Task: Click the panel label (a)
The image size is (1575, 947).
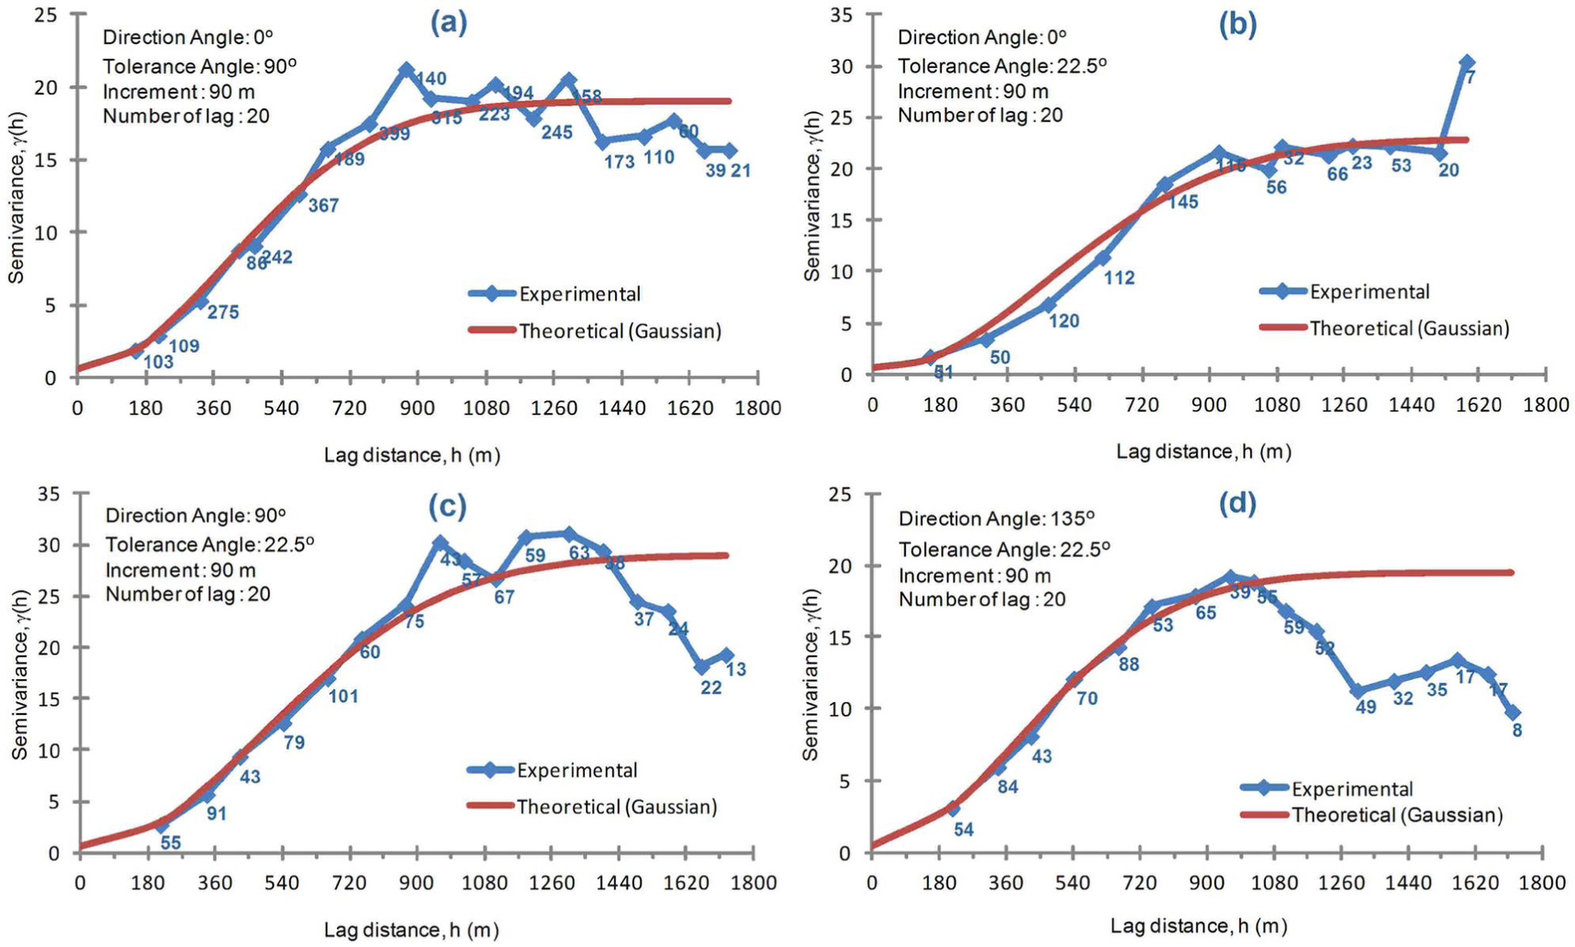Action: click(x=449, y=24)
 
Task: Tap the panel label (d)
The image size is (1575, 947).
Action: click(x=1237, y=502)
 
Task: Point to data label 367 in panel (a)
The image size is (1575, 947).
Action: click(x=323, y=206)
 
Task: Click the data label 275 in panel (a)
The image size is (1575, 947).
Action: click(x=223, y=312)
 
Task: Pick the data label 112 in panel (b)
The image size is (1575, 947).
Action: click(x=1118, y=278)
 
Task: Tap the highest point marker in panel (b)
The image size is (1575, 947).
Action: click(x=1466, y=63)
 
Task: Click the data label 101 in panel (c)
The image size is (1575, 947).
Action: click(x=343, y=697)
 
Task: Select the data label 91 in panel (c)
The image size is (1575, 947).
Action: click(x=216, y=814)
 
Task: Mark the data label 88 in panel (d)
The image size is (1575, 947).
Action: click(x=1129, y=665)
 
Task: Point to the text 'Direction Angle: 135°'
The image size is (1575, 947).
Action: click(x=996, y=519)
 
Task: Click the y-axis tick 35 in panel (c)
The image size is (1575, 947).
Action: click(x=48, y=495)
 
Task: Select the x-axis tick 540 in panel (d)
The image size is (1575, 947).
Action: click(x=1072, y=883)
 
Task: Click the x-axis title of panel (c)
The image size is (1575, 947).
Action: click(x=411, y=930)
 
